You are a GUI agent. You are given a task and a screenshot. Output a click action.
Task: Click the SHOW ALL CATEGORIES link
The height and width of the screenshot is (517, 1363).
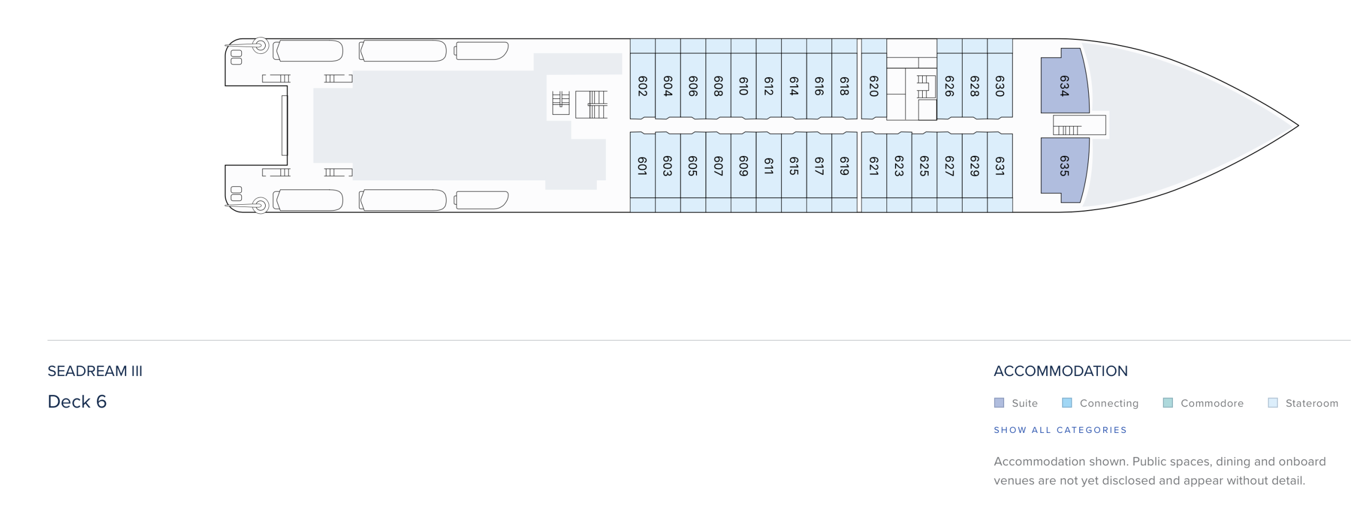pyautogui.click(x=1060, y=430)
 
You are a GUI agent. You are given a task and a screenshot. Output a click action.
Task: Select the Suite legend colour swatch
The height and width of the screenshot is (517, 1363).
pyautogui.click(x=999, y=403)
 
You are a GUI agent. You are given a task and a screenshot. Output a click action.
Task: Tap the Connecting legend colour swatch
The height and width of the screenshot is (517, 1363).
pyautogui.click(x=1067, y=403)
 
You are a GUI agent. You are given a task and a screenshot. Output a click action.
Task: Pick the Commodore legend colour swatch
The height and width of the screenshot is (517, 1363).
pyautogui.click(x=1168, y=403)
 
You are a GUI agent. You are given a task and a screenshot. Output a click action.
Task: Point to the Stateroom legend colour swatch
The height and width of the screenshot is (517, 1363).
pyautogui.click(x=1273, y=403)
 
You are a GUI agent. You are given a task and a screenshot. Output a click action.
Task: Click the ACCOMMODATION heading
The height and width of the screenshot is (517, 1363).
pyautogui.click(x=1061, y=371)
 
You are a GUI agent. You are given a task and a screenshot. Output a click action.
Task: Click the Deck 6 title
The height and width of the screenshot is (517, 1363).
pyautogui.click(x=77, y=402)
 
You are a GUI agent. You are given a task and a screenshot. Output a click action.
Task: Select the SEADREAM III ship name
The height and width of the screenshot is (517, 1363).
pyautogui.click(x=95, y=371)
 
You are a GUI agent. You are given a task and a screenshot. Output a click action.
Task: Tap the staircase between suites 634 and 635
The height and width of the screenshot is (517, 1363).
pyautogui.click(x=1079, y=126)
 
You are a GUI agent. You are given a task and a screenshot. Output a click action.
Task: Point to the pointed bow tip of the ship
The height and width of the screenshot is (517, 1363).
pyautogui.click(x=1298, y=126)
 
